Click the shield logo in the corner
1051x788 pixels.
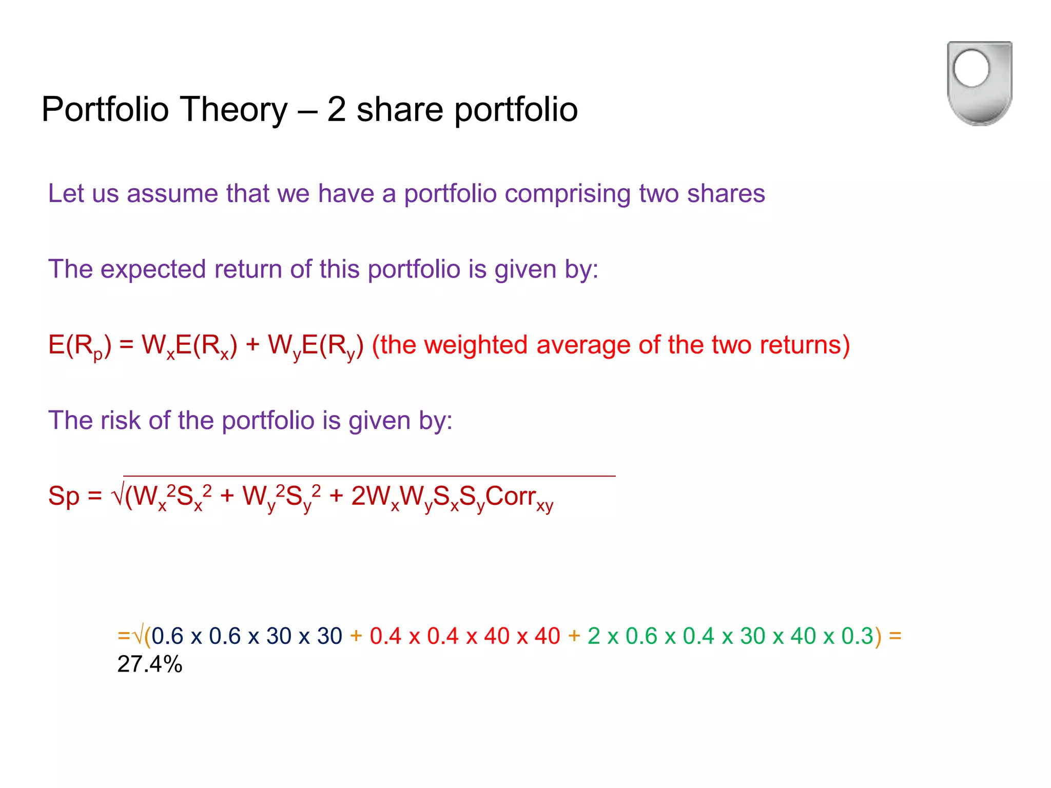click(979, 83)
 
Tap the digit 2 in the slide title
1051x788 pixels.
click(337, 109)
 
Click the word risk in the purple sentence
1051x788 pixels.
click(120, 420)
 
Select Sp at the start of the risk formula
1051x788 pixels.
click(64, 496)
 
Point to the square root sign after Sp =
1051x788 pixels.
click(118, 496)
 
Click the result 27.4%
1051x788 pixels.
click(150, 664)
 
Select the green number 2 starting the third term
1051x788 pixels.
click(594, 636)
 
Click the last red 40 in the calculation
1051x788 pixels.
click(547, 636)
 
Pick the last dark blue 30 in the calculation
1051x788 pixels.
click(329, 636)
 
